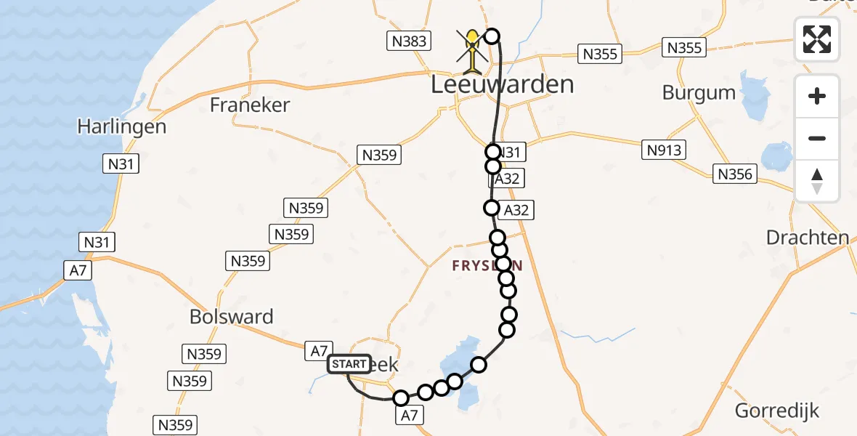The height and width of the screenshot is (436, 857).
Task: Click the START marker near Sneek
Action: (x=349, y=364)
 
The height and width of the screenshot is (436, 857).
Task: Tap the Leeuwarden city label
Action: (x=502, y=84)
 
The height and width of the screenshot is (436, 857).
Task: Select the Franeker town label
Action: (x=249, y=105)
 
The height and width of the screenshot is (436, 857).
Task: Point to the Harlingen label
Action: (x=121, y=126)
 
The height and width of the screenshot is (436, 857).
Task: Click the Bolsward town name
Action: (x=231, y=317)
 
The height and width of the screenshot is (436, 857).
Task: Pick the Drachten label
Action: (x=807, y=238)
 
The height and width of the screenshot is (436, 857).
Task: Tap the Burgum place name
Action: (x=699, y=93)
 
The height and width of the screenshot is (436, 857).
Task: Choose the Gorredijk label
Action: (x=777, y=411)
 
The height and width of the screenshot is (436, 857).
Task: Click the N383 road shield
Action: (x=409, y=41)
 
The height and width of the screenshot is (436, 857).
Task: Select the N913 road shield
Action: (x=663, y=150)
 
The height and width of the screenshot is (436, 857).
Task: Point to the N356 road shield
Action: (x=735, y=174)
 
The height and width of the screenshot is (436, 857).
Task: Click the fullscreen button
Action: (x=817, y=39)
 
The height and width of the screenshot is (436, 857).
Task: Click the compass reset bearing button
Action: (x=817, y=181)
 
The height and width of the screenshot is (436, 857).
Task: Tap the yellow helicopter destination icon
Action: (x=473, y=51)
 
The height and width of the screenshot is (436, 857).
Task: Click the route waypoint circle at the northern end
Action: (x=492, y=36)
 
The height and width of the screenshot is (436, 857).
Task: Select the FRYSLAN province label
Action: (x=487, y=266)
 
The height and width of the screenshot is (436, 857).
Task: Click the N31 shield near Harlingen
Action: (x=121, y=164)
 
